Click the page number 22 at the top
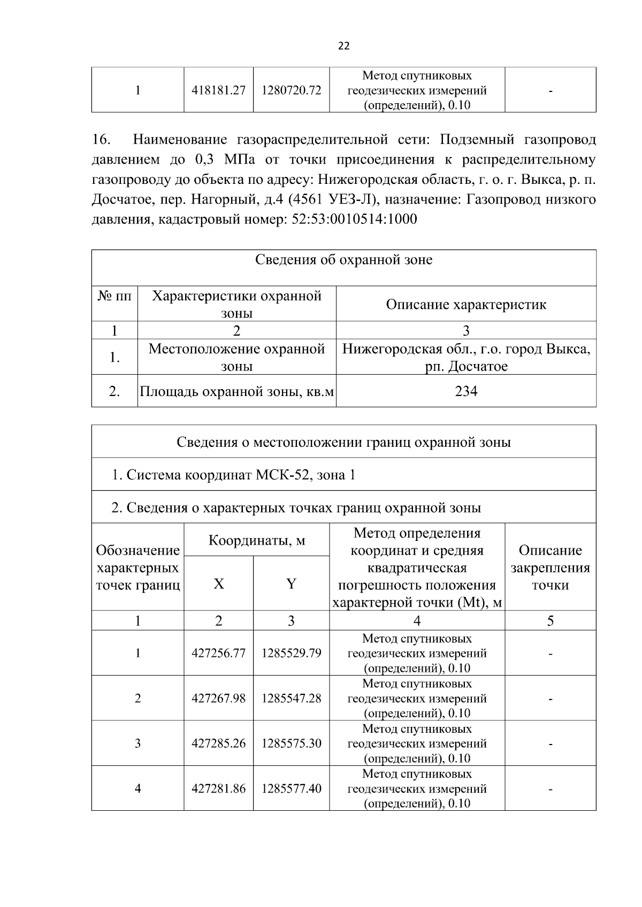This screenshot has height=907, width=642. point(344,46)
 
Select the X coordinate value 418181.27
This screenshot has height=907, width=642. point(218,90)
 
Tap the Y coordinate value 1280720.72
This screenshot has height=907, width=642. point(291,90)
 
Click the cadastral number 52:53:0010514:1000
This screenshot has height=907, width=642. point(354,220)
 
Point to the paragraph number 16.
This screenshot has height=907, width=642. point(101,140)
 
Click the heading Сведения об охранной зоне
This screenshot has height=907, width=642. point(343,260)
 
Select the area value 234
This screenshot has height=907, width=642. point(466,391)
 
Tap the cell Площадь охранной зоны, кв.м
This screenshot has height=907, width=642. point(236,392)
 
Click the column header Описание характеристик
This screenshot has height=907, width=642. point(466,305)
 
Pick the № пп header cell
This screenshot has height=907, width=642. point(114,296)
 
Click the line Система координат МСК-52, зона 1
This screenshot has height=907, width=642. point(233,475)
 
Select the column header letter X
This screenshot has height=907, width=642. point(218,584)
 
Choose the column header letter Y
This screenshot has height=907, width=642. point(291,584)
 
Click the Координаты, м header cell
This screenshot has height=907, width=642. point(257,540)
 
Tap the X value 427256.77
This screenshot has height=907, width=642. point(218,653)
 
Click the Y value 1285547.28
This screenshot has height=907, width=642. point(291,699)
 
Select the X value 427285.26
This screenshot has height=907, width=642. point(218,743)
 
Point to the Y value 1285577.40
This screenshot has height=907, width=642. point(291,788)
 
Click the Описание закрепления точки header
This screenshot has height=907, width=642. point(550,568)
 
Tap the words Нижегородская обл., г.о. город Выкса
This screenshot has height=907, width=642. point(466,350)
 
